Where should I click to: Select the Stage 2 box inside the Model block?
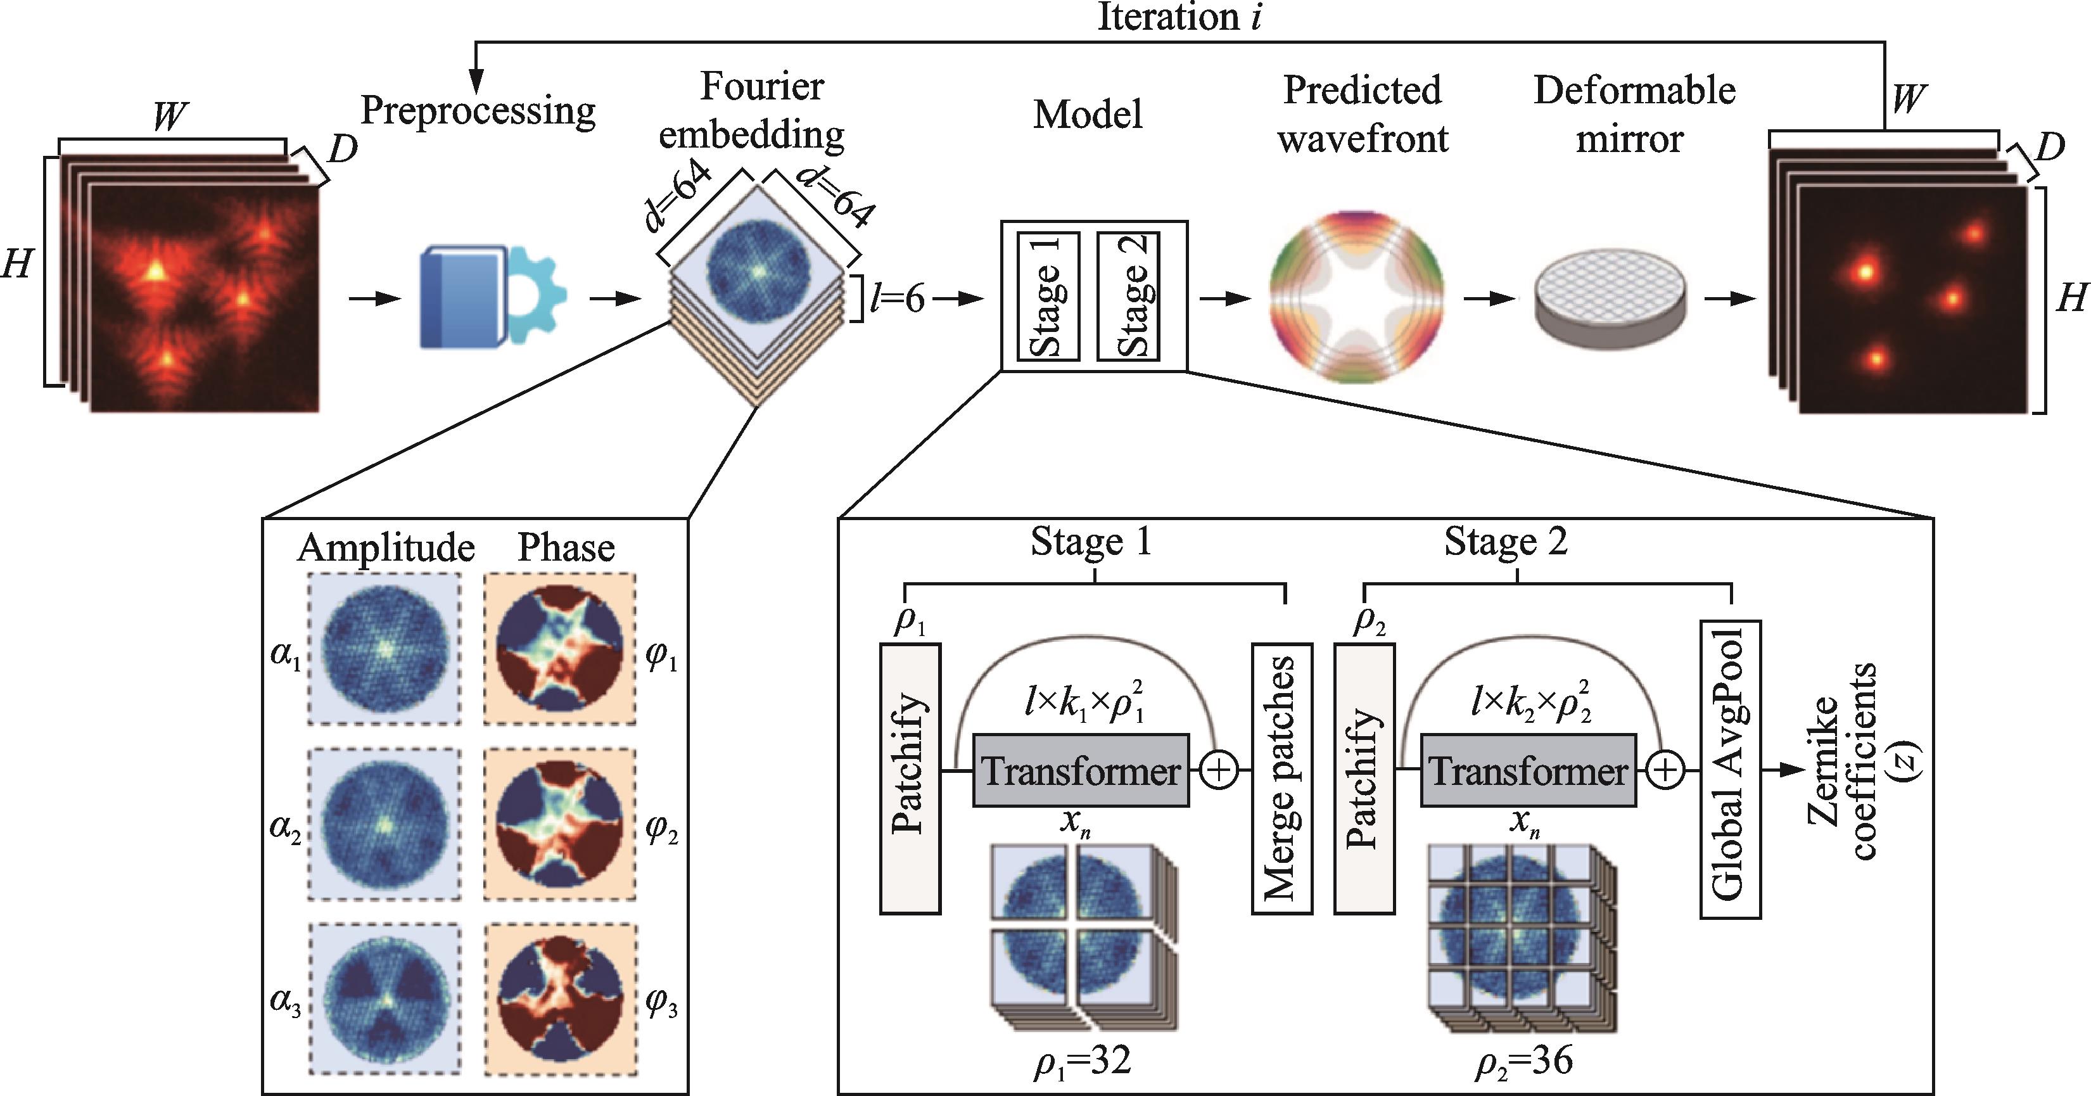click(1128, 296)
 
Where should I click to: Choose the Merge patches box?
click(1281, 779)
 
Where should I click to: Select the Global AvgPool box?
click(1730, 769)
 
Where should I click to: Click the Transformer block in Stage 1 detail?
click(1081, 770)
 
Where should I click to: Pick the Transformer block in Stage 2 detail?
click(1528, 770)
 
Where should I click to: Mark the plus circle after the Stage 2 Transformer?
click(1666, 770)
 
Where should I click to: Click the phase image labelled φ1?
click(560, 649)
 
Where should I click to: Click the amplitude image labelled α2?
click(385, 824)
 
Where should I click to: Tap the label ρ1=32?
click(1082, 1061)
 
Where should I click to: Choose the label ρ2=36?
click(1523, 1061)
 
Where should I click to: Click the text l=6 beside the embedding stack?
click(897, 300)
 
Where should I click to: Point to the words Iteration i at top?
click(1179, 18)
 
